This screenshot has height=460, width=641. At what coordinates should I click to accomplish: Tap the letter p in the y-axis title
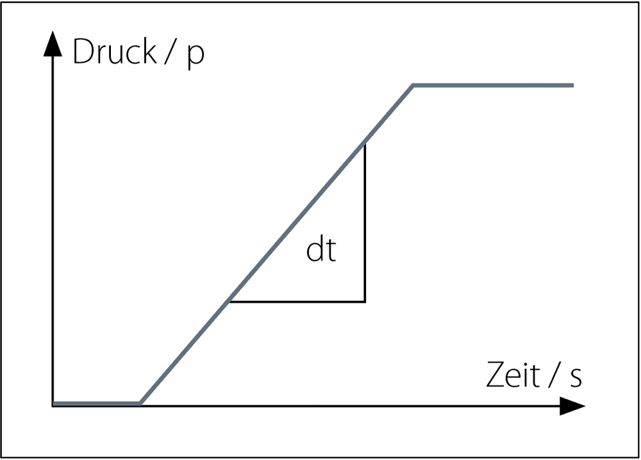196,55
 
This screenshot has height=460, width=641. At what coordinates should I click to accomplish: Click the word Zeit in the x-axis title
513,375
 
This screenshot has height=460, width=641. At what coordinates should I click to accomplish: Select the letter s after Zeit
576,378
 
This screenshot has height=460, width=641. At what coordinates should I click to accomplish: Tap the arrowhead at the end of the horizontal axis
572,406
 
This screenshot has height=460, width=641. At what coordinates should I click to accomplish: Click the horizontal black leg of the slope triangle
297,302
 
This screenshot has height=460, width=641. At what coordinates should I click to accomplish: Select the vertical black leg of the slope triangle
365,223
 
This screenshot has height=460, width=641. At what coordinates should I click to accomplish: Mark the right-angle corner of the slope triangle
365,302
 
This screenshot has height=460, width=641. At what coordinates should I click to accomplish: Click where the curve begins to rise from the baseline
140,404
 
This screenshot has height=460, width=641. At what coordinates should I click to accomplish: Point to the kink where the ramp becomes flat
413,85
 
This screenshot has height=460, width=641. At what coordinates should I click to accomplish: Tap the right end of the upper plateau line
573,85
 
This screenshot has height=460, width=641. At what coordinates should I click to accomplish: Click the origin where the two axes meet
53,406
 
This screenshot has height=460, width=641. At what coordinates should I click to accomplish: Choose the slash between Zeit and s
554,375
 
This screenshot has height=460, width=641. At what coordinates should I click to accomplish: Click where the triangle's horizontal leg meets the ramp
229,302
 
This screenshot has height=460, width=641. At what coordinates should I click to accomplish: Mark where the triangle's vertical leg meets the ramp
364,143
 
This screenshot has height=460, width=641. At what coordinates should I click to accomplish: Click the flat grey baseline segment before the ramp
97,404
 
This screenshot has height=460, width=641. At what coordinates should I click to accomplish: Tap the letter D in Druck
84,51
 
